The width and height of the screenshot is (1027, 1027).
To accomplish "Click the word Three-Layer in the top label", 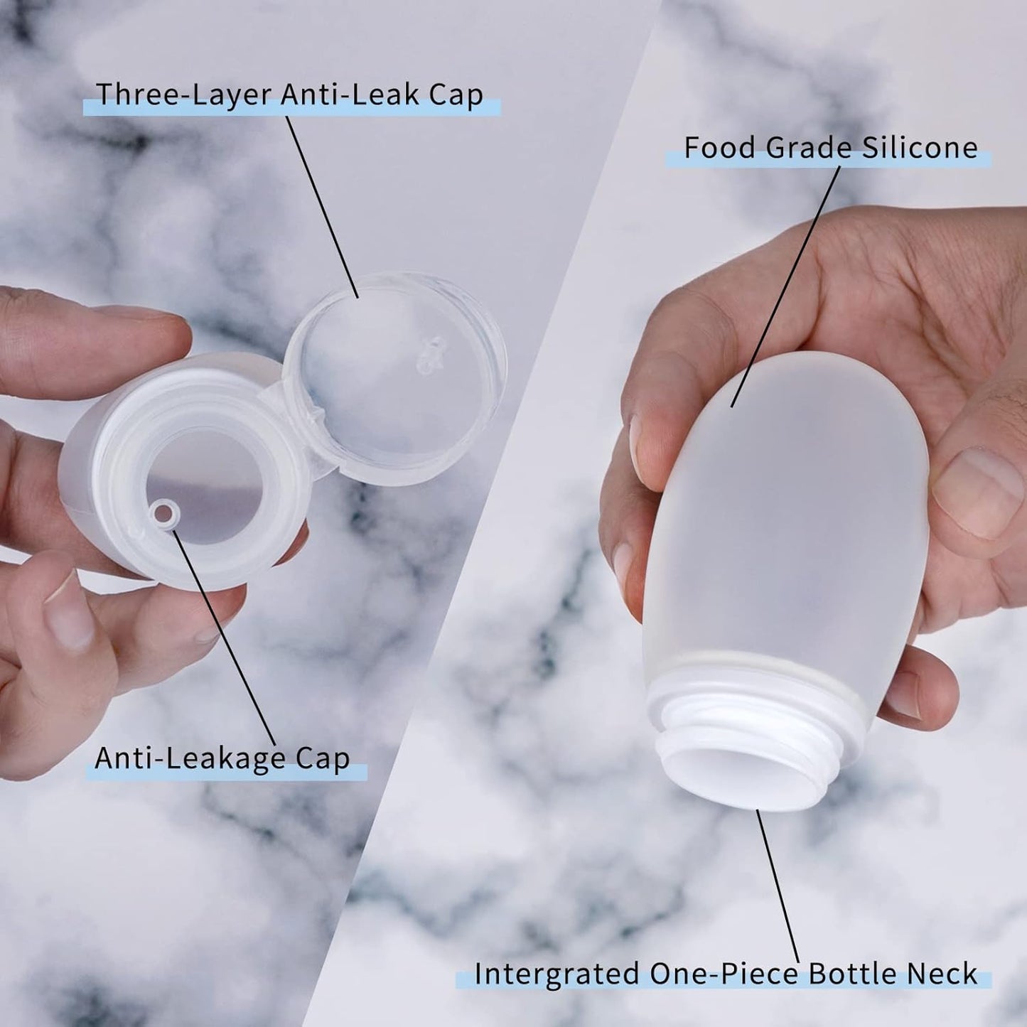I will tap(182, 95).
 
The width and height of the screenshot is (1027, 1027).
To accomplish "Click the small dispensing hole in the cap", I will tap(164, 513).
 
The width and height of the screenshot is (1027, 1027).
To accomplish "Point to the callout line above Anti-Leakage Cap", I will tap(224, 640).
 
